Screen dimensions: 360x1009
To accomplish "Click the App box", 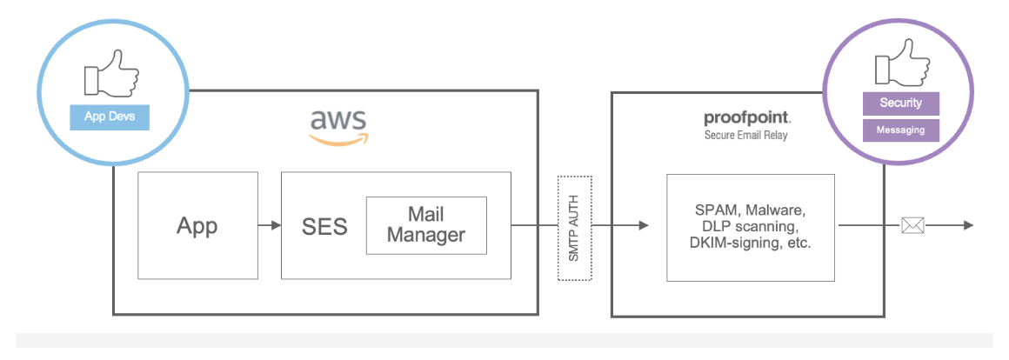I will (197, 225).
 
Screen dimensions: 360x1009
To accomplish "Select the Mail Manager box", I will (425, 224).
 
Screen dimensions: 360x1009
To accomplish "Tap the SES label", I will (324, 227).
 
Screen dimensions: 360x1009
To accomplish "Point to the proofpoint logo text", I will (746, 118).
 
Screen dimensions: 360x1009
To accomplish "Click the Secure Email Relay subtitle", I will (746, 136).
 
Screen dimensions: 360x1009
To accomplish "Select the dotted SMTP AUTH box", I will (574, 228).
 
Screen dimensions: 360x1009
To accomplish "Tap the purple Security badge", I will (900, 103).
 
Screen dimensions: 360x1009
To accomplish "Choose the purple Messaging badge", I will (900, 130).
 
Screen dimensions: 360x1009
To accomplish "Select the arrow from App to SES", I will (270, 226).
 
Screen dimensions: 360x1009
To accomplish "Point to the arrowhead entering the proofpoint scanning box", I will (643, 226).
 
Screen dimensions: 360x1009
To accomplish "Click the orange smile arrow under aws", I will (339, 137).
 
